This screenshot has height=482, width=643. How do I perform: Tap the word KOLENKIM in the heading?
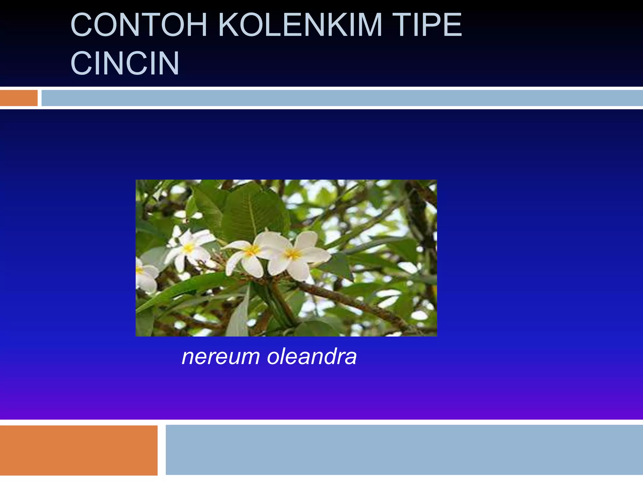pos(300,25)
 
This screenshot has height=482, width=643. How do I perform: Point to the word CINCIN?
pos(125,63)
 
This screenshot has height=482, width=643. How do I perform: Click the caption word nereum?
pos(221,357)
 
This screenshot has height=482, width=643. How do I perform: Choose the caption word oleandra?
pos(312,357)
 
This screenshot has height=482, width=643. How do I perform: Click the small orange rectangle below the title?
pos(19,98)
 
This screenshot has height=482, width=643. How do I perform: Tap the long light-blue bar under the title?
pos(342,98)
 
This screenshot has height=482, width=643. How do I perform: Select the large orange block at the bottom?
pos(78,450)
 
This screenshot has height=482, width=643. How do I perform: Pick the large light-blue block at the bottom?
pos(404,450)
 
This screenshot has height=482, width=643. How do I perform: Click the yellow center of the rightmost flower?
pos(293,254)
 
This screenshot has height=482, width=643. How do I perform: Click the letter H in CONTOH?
pos(195,25)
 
